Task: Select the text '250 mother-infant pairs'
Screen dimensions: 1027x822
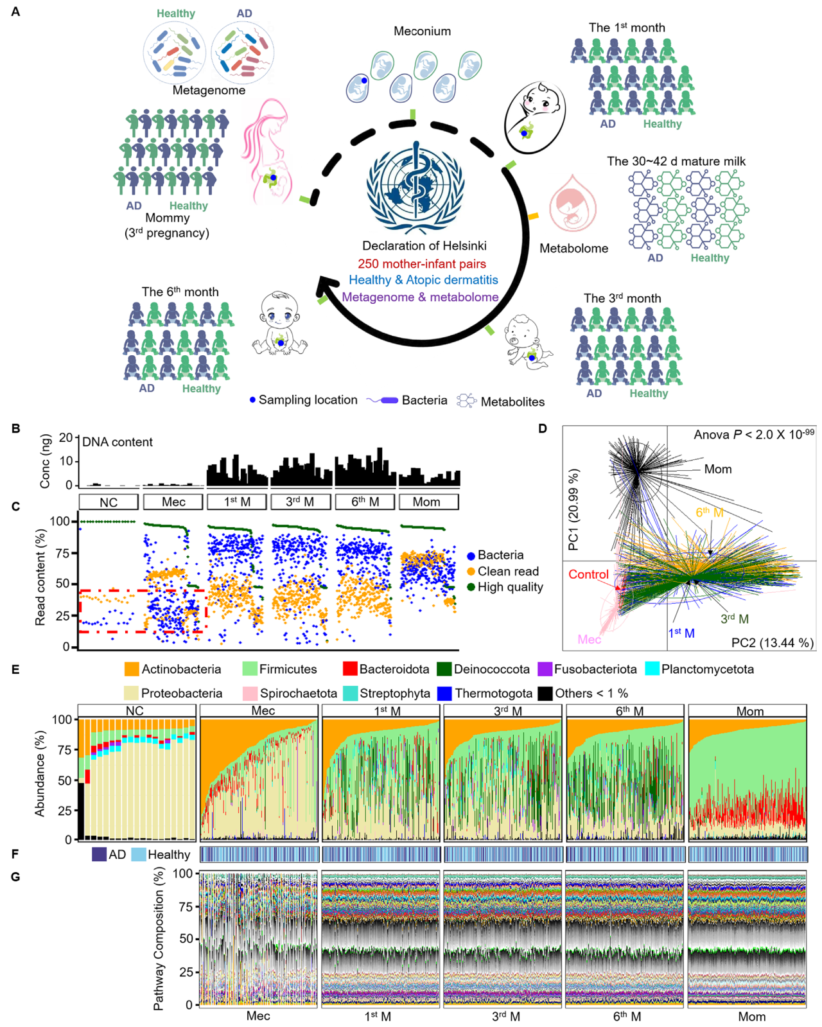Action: pos(422,264)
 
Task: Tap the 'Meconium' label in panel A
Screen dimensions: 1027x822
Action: pos(422,31)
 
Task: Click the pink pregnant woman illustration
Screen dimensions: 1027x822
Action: pos(267,154)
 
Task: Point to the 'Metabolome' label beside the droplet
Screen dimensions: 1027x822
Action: pos(573,249)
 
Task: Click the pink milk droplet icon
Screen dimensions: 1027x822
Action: pos(573,204)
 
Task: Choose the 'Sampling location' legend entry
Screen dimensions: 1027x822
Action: pos(303,400)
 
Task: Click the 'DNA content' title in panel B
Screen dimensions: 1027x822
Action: pos(118,442)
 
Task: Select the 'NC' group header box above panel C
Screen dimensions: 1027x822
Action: pos(109,502)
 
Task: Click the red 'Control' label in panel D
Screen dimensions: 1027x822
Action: pos(588,574)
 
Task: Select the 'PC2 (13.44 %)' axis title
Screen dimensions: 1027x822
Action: pos(773,642)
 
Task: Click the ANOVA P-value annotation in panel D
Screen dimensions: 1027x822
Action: pos(753,435)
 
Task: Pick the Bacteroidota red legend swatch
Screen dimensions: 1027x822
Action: pos(350,669)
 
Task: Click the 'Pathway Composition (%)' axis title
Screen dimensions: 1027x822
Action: pos(159,938)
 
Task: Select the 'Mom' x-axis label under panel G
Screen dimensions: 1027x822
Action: pos(751,1017)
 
